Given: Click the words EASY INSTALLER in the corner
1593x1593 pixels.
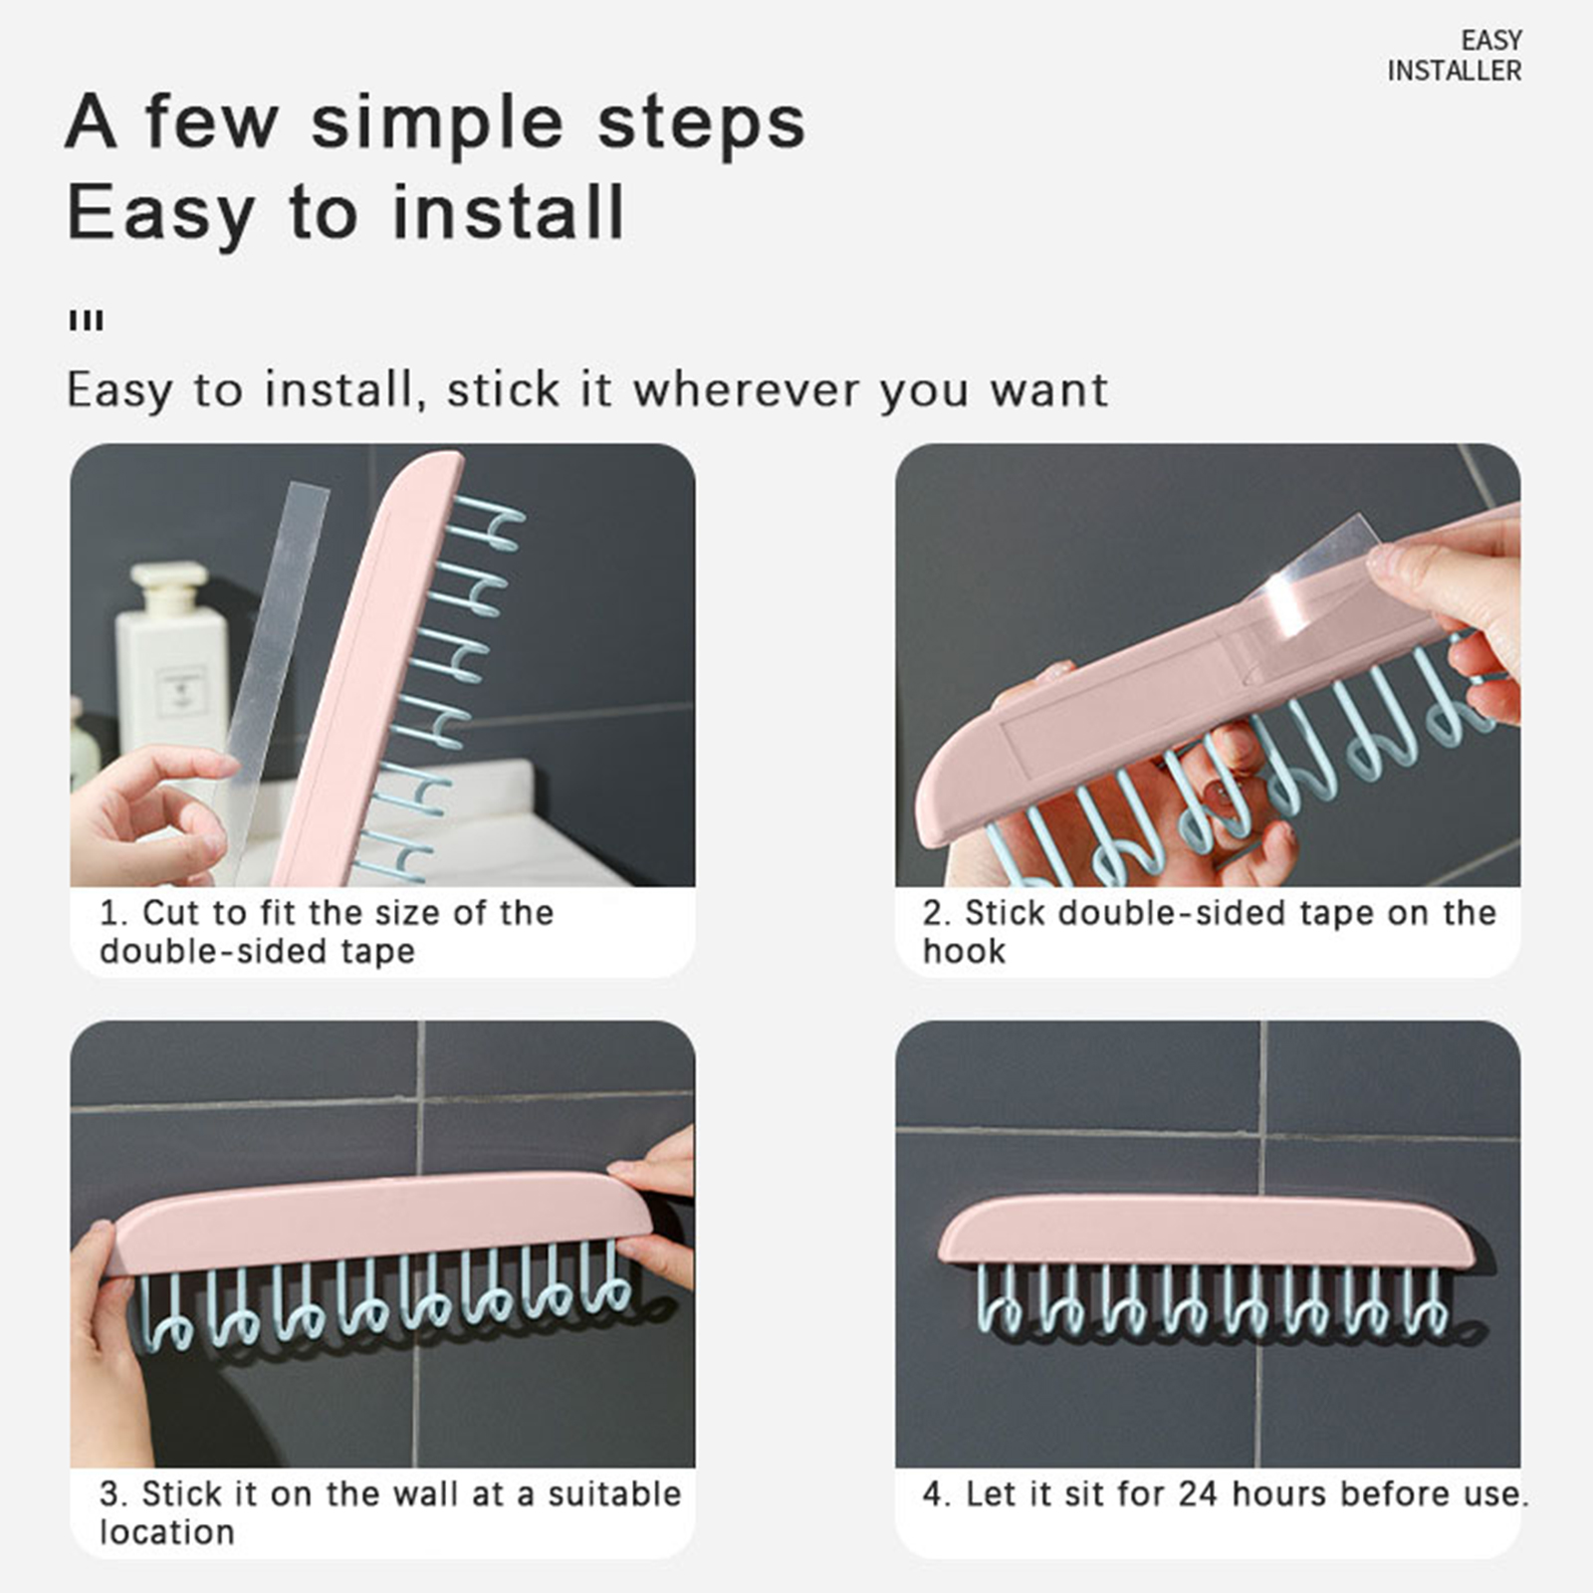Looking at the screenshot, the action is [1455, 56].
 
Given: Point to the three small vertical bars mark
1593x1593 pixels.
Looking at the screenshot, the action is [87, 321].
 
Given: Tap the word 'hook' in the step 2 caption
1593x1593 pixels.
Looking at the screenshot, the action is [964, 951].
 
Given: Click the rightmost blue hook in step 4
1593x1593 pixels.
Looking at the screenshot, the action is [1426, 1302].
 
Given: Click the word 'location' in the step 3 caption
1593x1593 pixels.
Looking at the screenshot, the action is [166, 1532].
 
